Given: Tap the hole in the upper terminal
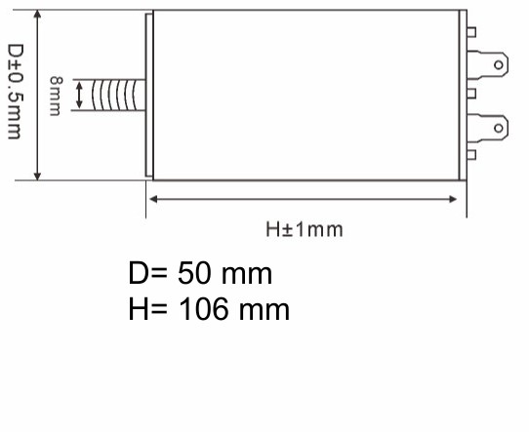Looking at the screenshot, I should pyautogui.click(x=500, y=65).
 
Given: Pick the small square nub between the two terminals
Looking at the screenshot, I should pyautogui.click(x=472, y=94).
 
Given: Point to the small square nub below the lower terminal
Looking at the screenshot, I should pyautogui.click(x=472, y=153).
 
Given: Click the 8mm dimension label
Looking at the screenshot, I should pyautogui.click(x=56, y=95).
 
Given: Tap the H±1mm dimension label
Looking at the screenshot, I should pyautogui.click(x=305, y=230).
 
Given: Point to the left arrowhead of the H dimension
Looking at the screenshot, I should pyautogui.click(x=152, y=199).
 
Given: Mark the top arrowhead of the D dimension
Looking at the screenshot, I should pyautogui.click(x=38, y=17).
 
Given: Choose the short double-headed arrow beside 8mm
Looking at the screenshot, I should pyautogui.click(x=78, y=94).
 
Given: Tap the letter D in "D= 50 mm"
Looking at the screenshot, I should pyautogui.click(x=138, y=272).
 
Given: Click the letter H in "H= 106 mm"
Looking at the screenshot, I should pyautogui.click(x=138, y=310).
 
